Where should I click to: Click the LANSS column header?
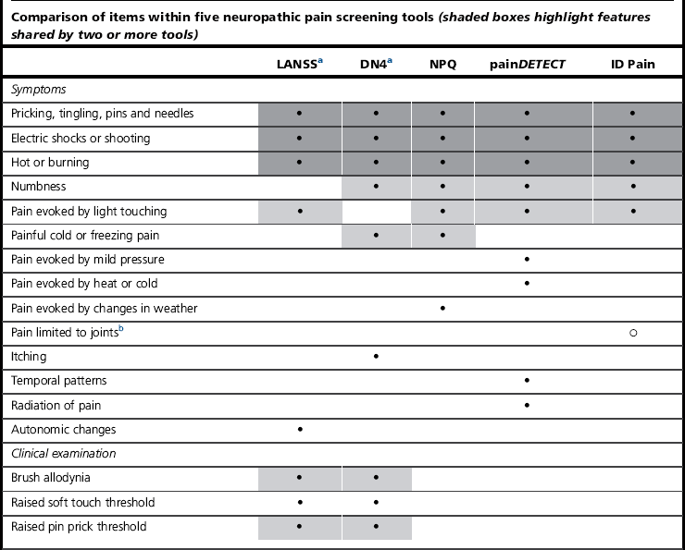[x=296, y=66]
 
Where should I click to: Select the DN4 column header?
[x=374, y=66]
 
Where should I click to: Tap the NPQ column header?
[x=442, y=66]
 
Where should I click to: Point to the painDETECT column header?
[x=527, y=66]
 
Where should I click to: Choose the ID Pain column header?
[x=632, y=66]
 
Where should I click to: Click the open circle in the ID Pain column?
[x=632, y=332]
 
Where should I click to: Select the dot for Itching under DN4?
[x=376, y=356]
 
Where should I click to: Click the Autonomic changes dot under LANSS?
[x=300, y=430]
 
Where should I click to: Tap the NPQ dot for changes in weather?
[x=442, y=308]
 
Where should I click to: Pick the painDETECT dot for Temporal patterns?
[x=527, y=381]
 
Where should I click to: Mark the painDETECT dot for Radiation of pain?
[x=527, y=405]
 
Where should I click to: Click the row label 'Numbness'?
[x=38, y=187]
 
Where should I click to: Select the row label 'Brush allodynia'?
[x=51, y=478]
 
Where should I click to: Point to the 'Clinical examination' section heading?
[x=63, y=454]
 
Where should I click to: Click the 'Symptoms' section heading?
[x=37, y=90]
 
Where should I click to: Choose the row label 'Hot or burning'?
[x=50, y=163]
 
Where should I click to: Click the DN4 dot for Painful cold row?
[x=376, y=236]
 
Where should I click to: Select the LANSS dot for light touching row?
[x=300, y=212]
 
